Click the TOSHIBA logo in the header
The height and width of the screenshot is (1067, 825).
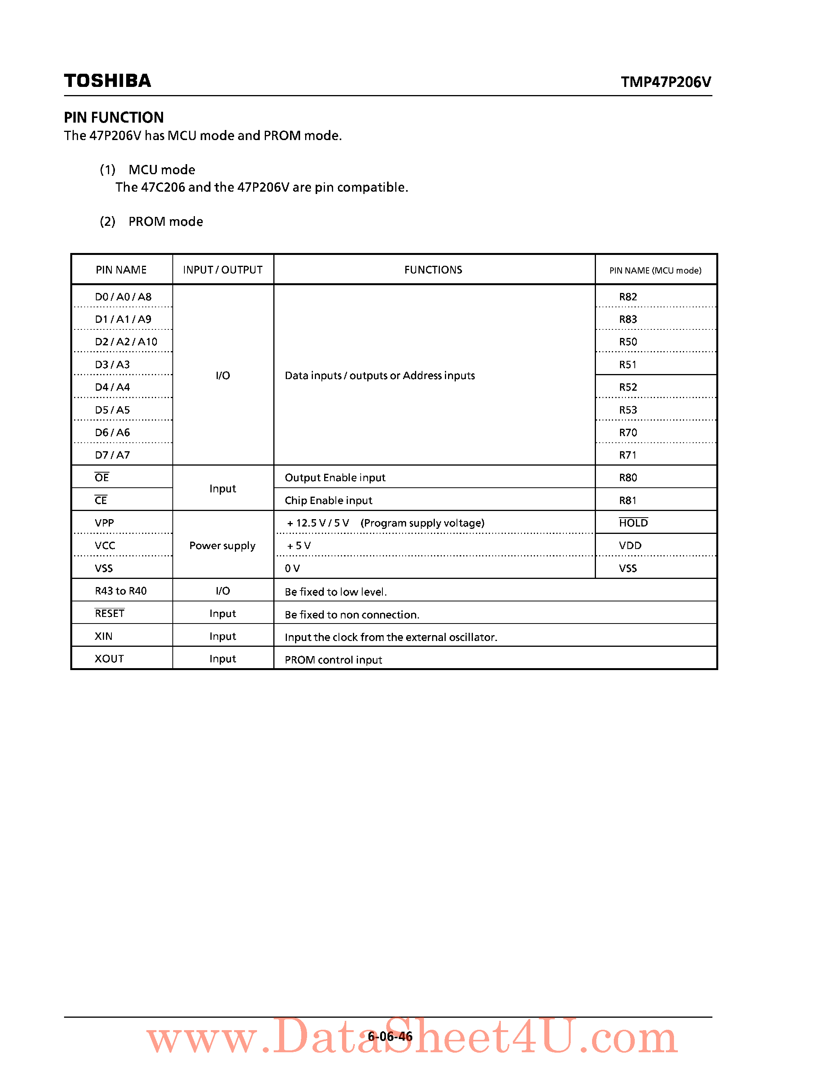(108, 81)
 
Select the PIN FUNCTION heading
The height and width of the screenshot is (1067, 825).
(114, 117)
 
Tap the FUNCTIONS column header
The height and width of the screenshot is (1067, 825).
(433, 270)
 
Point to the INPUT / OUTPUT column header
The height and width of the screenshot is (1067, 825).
(222, 270)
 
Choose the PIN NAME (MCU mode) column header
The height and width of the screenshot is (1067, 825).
(655, 270)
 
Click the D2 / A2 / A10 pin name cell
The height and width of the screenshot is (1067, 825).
(126, 341)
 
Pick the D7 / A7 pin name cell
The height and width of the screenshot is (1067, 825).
(113, 455)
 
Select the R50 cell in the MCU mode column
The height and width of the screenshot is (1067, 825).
(628, 341)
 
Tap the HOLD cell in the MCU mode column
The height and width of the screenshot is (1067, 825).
(633, 523)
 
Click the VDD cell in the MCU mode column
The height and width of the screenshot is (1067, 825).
(630, 545)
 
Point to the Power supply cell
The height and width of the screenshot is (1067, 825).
(222, 545)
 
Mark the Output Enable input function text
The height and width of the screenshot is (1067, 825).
(335, 477)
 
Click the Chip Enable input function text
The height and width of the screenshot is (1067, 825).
(328, 500)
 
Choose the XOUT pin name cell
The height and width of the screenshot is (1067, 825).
(109, 658)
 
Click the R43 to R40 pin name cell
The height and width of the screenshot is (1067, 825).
(121, 591)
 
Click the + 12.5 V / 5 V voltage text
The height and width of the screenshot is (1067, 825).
(318, 523)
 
